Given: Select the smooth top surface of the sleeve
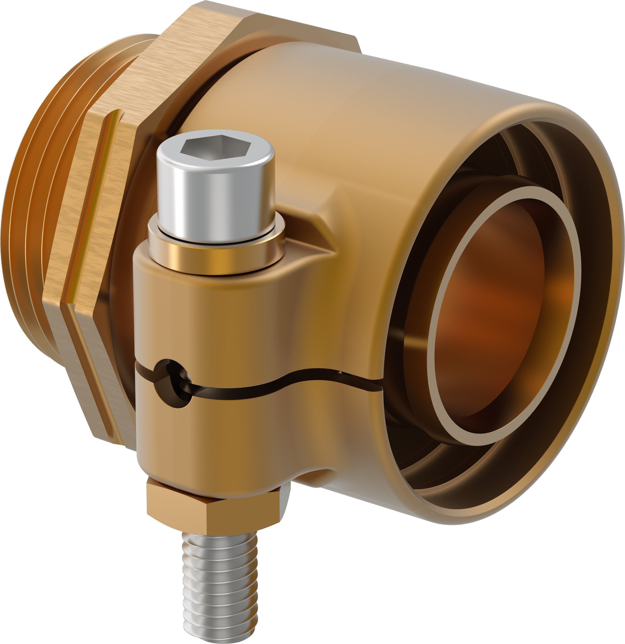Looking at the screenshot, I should click(x=378, y=98).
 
